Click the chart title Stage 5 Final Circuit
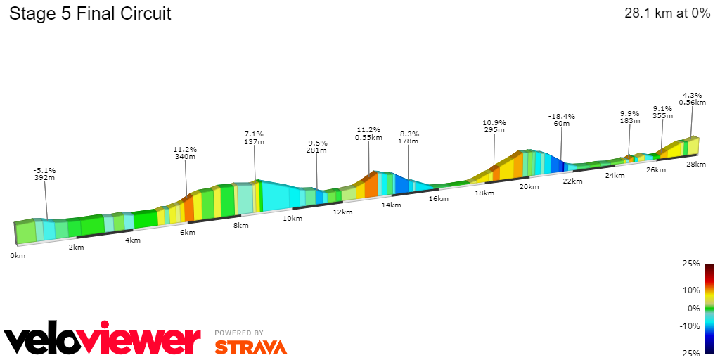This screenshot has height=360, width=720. (x=90, y=14)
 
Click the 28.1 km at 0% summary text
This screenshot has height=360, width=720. (x=667, y=14)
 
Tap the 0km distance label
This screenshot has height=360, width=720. (x=18, y=255)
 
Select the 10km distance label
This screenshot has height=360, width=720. (x=292, y=219)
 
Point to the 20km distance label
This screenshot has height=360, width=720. (x=529, y=186)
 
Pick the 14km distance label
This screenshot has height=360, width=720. (x=391, y=205)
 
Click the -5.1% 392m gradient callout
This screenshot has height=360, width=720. (x=44, y=174)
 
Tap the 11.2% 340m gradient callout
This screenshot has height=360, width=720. (x=185, y=153)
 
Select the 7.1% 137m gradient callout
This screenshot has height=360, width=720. (x=254, y=138)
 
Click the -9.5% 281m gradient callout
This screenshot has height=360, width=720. (x=316, y=146)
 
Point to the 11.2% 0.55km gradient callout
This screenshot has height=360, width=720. (x=368, y=134)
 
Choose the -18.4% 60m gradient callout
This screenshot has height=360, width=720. (x=562, y=120)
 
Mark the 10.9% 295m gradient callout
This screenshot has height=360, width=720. (x=494, y=126)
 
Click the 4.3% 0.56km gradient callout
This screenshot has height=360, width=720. (x=692, y=98)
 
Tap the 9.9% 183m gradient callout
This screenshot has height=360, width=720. (x=629, y=117)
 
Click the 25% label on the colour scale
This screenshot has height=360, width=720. (x=691, y=264)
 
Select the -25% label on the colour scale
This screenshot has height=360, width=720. (x=690, y=354)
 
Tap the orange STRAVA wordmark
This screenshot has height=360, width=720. (x=250, y=347)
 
